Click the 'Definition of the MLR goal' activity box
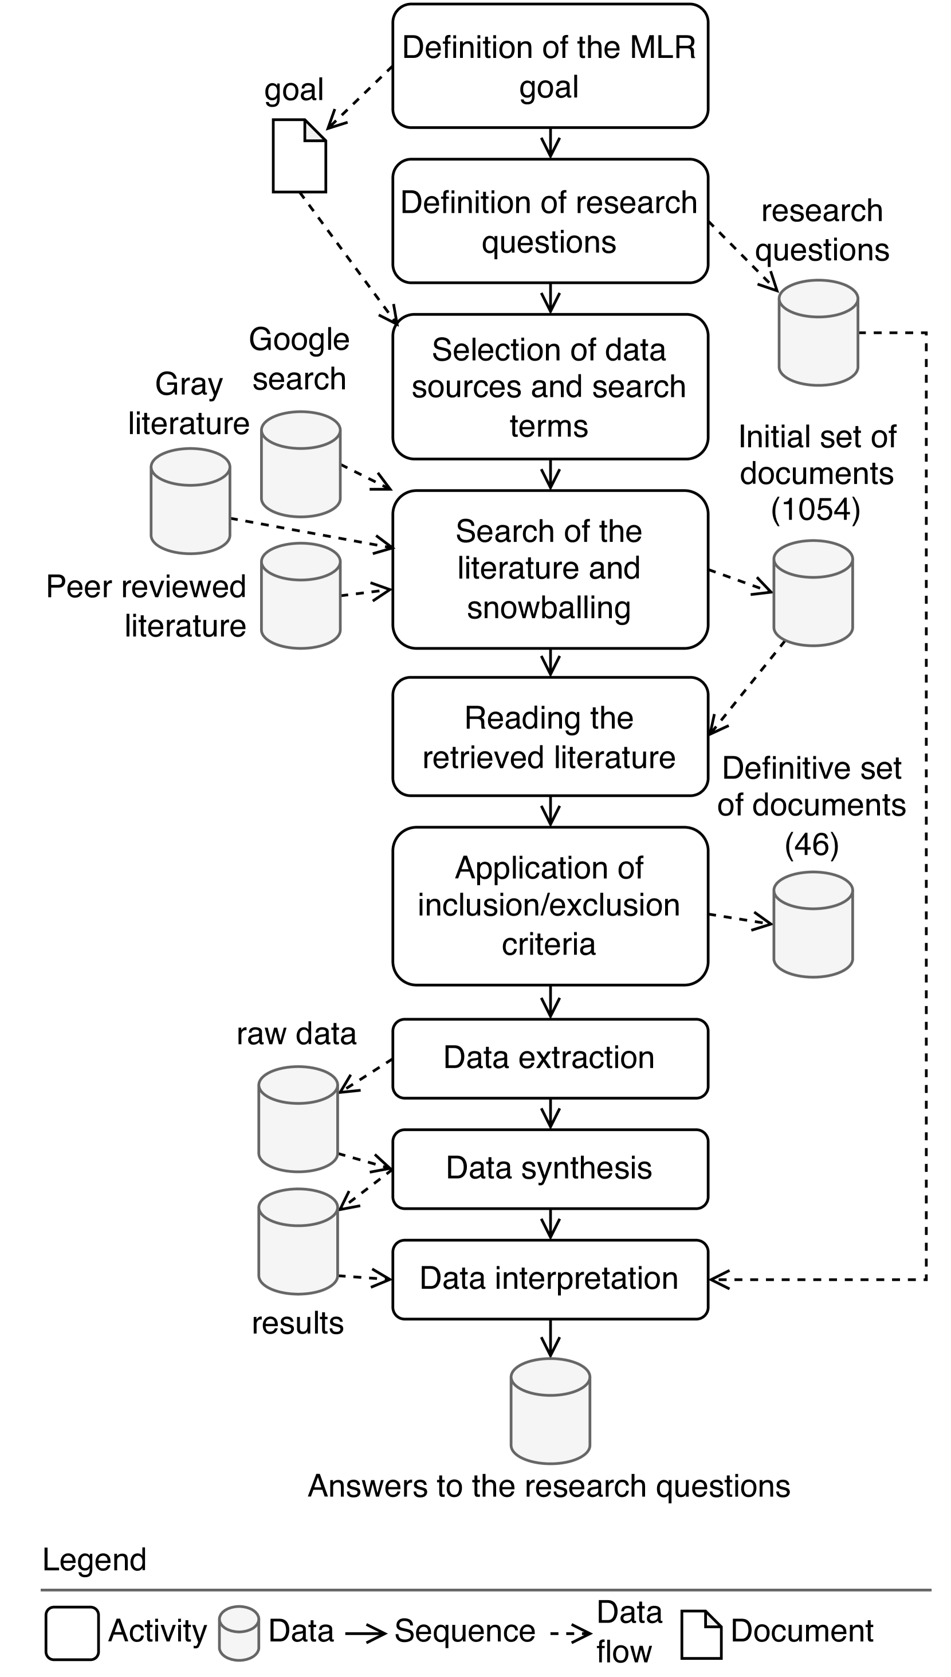[x=550, y=66]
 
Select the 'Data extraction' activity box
[x=550, y=1058]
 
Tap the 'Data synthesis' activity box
[x=550, y=1168]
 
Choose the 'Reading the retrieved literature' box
[x=550, y=737]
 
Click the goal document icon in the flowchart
[x=299, y=155]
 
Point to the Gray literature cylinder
[x=190, y=501]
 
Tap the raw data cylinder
[x=298, y=1120]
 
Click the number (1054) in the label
[x=815, y=510]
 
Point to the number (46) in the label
[x=812, y=845]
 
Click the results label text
[x=298, y=1323]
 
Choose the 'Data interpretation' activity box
[x=550, y=1279]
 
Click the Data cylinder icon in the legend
[x=238, y=1633]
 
